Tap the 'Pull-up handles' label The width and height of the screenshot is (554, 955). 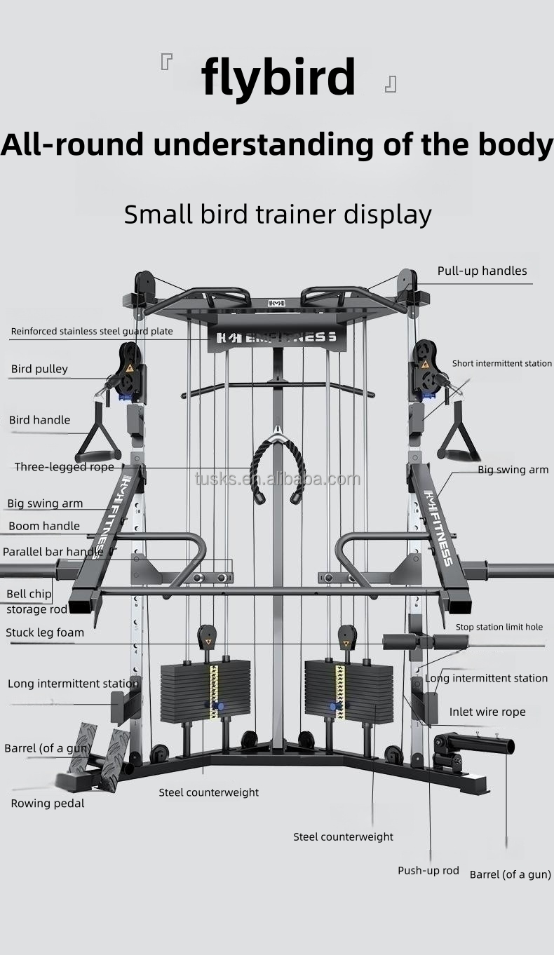[x=482, y=271]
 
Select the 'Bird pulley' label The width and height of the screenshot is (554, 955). [x=39, y=370]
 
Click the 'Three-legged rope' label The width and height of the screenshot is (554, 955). [x=64, y=467]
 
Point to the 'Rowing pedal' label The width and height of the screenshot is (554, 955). [x=48, y=804]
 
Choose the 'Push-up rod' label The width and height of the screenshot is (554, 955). [x=428, y=871]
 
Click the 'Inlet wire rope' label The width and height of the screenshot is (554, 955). [x=487, y=712]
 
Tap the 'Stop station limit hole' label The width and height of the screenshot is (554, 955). [x=499, y=628]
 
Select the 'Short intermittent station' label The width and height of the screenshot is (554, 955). [x=501, y=364]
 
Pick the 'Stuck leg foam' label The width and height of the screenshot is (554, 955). [x=45, y=632]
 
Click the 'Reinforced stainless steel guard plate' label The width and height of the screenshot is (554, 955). [x=92, y=332]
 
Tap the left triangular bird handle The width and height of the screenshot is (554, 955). [x=97, y=435]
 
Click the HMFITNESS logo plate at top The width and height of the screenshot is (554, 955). [x=278, y=337]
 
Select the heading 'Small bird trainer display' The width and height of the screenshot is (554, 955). [x=278, y=214]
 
